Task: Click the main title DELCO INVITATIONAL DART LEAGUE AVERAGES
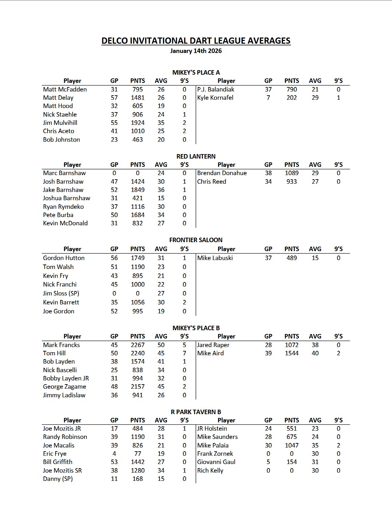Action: pyautogui.click(x=196, y=41)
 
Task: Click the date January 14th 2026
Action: pyautogui.click(x=196, y=51)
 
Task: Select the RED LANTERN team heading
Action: pyautogui.click(x=196, y=156)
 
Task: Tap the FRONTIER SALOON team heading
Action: pyautogui.click(x=196, y=240)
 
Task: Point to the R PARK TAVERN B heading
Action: pyautogui.click(x=196, y=412)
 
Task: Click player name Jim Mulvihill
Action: pyautogui.click(x=60, y=123)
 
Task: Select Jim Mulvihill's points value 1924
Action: pyautogui.click(x=137, y=123)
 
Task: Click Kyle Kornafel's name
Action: pyautogui.click(x=215, y=98)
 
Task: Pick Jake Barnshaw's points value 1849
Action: pyautogui.click(x=137, y=190)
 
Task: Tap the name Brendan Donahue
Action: pyautogui.click(x=222, y=173)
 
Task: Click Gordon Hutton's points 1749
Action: pyautogui.click(x=137, y=258)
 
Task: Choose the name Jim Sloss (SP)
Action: pyautogui.click(x=61, y=293)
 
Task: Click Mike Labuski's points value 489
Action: pyautogui.click(x=291, y=258)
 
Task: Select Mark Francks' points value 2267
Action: pyautogui.click(x=137, y=345)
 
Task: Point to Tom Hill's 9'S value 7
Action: pyautogui.click(x=184, y=353)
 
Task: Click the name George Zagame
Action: pyautogui.click(x=64, y=387)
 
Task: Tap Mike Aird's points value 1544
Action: pyautogui.click(x=291, y=353)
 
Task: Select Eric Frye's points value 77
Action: pyautogui.click(x=137, y=454)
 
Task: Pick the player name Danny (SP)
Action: pyautogui.click(x=58, y=479)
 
